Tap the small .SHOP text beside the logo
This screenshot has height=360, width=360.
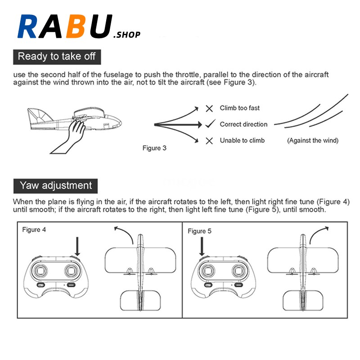(128, 34)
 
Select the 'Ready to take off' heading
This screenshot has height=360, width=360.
(56, 57)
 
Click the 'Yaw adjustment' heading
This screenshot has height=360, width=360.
(56, 185)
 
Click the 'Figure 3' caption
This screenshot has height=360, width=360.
(154, 148)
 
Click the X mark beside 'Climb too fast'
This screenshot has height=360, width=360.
(209, 108)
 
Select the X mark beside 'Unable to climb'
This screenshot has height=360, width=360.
(209, 141)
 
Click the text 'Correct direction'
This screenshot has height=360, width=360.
(243, 124)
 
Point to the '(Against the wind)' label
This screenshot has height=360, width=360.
(313, 141)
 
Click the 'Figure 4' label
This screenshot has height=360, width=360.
(34, 229)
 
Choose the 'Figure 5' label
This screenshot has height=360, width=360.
(199, 231)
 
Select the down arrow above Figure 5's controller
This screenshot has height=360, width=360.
(201, 247)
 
